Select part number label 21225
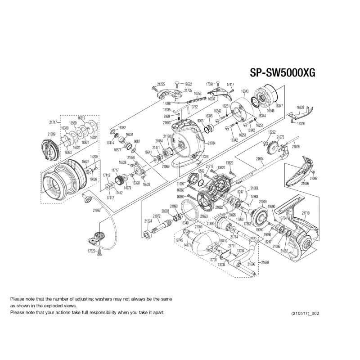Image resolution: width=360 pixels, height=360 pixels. click(x=161, y=84)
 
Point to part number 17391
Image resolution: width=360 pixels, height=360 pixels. click(x=210, y=84)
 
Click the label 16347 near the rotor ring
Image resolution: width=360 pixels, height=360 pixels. click(x=279, y=105)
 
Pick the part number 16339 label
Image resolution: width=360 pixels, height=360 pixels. click(x=300, y=108)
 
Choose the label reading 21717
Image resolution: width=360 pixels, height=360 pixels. click(x=54, y=122)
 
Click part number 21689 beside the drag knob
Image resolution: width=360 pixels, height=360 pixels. click(x=51, y=134)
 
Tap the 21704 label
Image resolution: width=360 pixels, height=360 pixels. click(x=211, y=143)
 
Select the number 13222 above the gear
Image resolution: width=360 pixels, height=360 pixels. click(x=272, y=132)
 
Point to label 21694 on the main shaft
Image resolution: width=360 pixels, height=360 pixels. click(x=260, y=159)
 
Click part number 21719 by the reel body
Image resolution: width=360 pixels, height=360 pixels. click(x=306, y=213)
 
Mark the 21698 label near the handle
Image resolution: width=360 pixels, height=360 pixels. click(x=265, y=262)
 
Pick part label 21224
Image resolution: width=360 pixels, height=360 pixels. click(x=148, y=221)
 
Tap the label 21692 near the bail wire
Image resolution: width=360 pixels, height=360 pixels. click(x=97, y=210)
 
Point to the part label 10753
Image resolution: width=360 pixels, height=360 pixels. click(x=197, y=94)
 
